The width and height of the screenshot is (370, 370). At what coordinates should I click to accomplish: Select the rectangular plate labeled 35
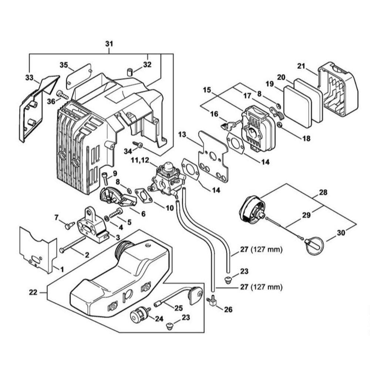pos(79,76)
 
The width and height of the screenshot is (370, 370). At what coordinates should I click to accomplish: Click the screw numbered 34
pos(138,145)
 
